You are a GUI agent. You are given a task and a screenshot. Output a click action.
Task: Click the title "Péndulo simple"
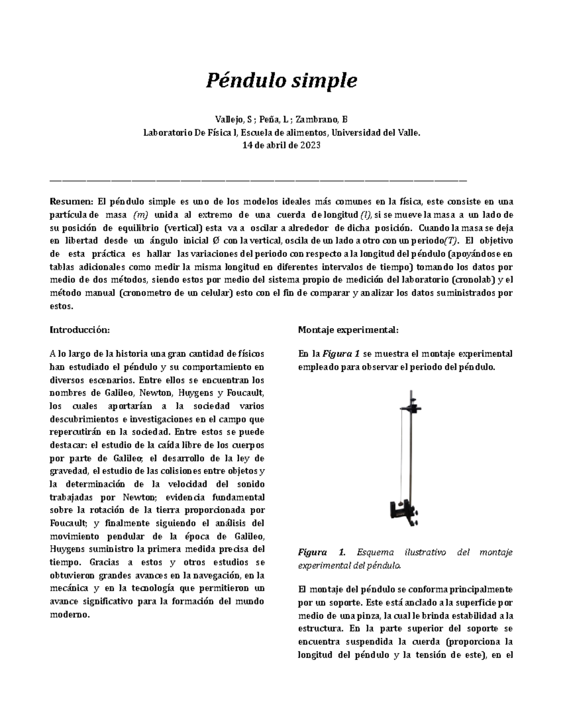[281, 81]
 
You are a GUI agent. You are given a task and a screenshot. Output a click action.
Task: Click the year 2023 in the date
[310, 145]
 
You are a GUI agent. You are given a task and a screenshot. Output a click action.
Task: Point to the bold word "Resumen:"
[71, 202]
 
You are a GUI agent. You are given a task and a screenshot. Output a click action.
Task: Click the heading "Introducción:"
[79, 330]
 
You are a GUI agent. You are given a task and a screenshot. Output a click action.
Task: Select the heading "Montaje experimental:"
[348, 330]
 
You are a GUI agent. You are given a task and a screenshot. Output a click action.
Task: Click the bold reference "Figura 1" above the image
[341, 353]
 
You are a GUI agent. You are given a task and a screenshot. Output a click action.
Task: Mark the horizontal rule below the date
[259, 180]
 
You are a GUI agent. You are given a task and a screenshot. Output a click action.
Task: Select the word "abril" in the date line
[274, 145]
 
